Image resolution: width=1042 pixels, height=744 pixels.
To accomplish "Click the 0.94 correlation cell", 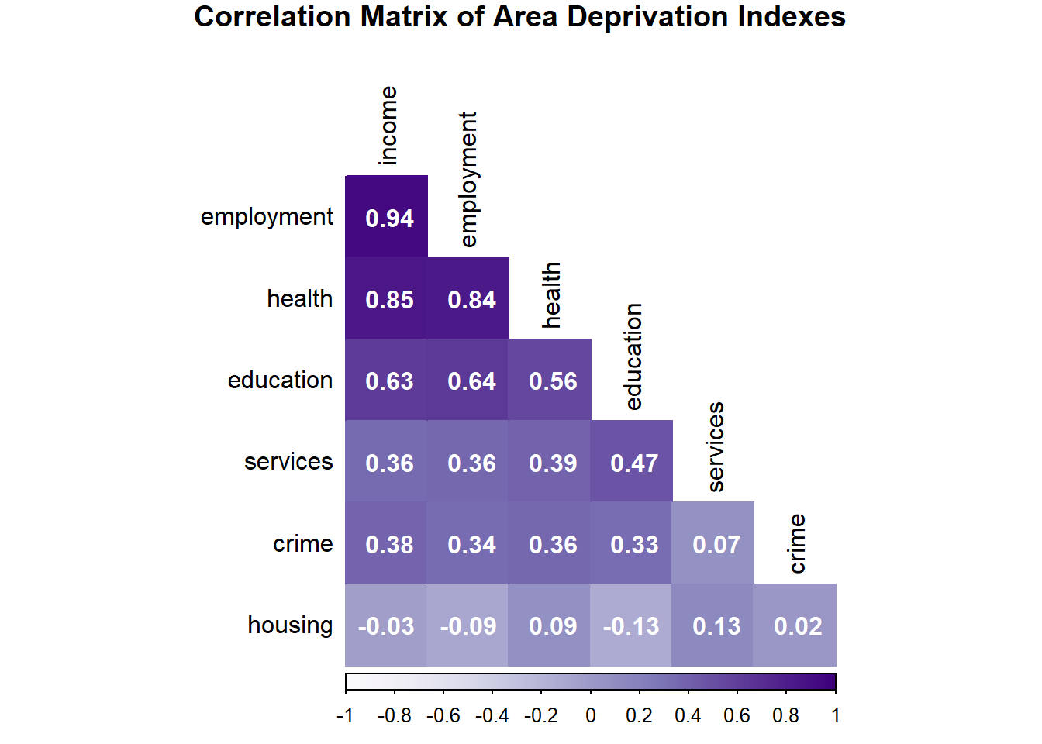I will click(389, 218).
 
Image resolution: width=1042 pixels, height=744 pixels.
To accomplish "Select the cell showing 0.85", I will click(389, 300).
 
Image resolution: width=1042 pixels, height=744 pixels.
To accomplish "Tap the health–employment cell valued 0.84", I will click(471, 300).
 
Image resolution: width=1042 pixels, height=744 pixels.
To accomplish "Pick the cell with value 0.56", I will click(553, 381).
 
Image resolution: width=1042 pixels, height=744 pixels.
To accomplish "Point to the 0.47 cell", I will click(634, 463).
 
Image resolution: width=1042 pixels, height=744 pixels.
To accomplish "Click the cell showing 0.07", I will click(716, 545).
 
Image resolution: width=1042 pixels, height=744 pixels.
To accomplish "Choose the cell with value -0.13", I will click(631, 626).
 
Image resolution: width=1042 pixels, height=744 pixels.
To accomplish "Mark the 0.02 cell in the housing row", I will click(798, 626).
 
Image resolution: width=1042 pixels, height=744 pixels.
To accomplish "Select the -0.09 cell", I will click(468, 626).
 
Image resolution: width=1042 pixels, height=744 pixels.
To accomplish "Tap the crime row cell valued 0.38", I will click(389, 545).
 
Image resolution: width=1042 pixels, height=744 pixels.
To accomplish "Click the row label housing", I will click(290, 625).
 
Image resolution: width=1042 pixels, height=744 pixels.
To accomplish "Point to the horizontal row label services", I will click(288, 462).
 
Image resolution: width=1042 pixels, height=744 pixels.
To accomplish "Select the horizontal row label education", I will click(280, 381).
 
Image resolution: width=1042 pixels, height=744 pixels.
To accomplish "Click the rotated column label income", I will click(388, 126).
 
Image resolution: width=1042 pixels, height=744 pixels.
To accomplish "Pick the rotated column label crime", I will click(797, 543).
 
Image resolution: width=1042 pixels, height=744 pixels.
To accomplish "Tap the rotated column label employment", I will click(468, 179).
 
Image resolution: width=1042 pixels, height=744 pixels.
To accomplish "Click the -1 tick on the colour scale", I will click(345, 716).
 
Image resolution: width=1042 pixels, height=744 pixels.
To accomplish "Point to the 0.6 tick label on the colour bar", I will click(737, 716).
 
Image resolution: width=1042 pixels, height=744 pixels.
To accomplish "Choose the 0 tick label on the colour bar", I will click(591, 716).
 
